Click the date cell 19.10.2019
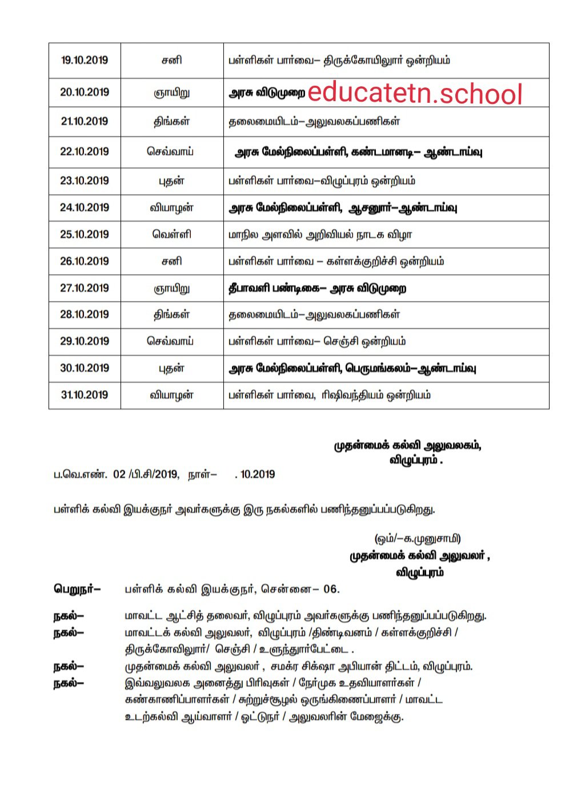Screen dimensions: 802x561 (85, 61)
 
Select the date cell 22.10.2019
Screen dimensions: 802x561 (85, 152)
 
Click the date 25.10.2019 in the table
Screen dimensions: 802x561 (85, 235)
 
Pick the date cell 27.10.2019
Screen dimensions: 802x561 (85, 288)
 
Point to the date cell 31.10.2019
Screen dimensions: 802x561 (85, 395)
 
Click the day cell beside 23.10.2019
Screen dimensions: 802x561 (171, 182)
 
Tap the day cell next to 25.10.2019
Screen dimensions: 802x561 (171, 235)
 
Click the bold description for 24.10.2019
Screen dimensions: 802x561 (343, 208)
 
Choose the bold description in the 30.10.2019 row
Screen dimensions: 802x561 (352, 369)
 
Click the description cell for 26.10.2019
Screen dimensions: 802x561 (336, 262)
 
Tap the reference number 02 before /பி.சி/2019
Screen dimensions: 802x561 (119, 475)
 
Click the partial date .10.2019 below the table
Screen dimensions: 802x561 (255, 475)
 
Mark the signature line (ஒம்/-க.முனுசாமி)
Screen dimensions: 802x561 (418, 539)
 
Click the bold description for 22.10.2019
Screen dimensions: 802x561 (358, 153)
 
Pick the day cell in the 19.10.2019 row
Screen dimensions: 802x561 (171, 61)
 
